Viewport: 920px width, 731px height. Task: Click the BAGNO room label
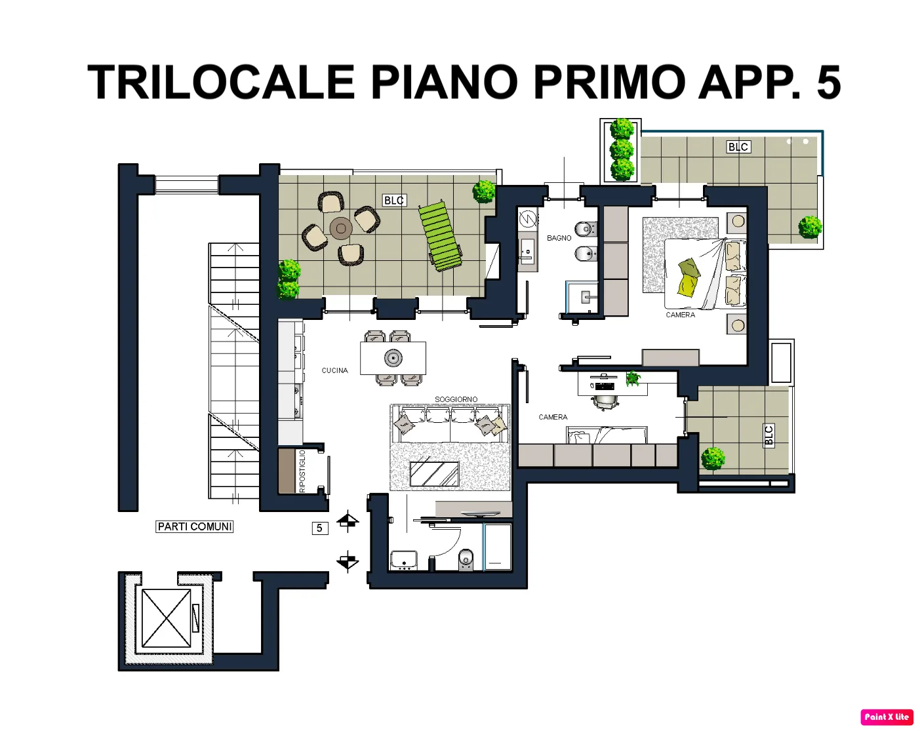click(x=559, y=238)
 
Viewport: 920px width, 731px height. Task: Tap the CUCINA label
click(x=334, y=370)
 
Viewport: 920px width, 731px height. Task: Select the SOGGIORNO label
click(x=456, y=399)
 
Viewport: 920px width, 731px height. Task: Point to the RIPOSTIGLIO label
click(x=302, y=471)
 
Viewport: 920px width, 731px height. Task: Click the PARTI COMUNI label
click(x=195, y=526)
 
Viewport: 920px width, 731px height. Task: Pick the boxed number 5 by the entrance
click(x=319, y=528)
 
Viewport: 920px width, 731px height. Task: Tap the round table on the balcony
click(x=341, y=228)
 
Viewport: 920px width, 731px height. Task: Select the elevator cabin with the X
click(x=167, y=618)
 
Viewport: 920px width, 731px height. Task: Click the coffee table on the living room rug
click(x=434, y=473)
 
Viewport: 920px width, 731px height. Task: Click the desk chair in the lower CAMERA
click(x=605, y=403)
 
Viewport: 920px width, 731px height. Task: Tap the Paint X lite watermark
click(x=887, y=717)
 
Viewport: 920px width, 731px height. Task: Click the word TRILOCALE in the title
click(x=221, y=82)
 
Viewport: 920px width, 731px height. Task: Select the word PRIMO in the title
click(x=609, y=82)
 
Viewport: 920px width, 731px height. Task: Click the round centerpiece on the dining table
click(x=393, y=358)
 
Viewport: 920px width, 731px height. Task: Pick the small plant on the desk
click(x=633, y=378)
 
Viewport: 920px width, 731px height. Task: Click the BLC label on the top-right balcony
click(x=738, y=147)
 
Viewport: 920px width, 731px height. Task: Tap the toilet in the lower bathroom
click(x=466, y=560)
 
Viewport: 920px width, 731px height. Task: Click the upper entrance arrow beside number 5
click(x=348, y=521)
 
